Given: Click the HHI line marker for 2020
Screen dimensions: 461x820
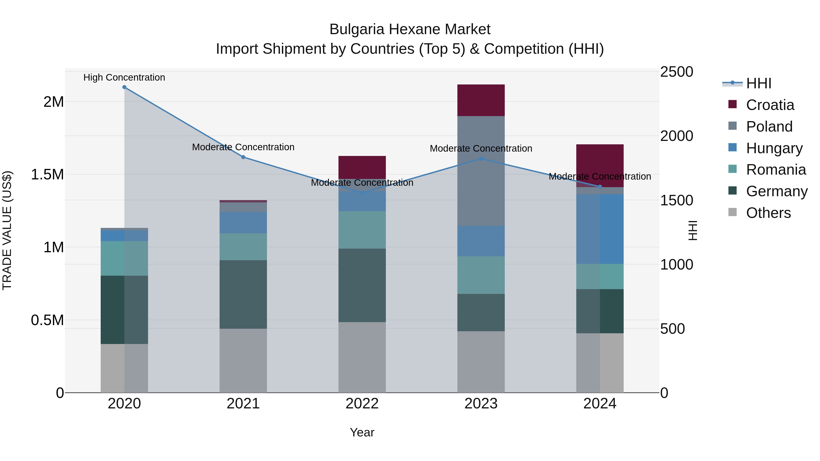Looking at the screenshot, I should tap(124, 87).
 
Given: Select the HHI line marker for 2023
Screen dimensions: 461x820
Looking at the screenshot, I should tap(481, 159).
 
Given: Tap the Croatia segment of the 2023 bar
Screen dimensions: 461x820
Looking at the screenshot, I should tap(481, 100).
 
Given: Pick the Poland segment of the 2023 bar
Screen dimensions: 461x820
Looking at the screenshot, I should tap(481, 171).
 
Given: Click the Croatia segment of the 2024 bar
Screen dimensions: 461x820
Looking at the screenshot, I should tap(600, 166).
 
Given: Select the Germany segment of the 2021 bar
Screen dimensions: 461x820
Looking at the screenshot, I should tap(243, 294).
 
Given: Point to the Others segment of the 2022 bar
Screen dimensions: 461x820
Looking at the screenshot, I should tap(362, 357).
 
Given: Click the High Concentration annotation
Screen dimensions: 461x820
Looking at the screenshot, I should tap(124, 77).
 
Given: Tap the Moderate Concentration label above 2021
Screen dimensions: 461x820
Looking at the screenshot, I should tap(243, 147).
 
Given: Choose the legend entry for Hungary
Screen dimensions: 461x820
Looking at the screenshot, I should tap(774, 148).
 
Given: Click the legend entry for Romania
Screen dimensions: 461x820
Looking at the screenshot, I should tap(776, 170).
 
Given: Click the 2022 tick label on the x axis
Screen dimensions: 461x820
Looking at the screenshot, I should tap(362, 404).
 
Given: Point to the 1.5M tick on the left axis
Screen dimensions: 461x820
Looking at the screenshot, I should tap(47, 175).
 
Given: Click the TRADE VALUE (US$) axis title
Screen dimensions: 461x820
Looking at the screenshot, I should tap(7, 230).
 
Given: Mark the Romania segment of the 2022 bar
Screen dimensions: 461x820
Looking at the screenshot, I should tap(362, 230).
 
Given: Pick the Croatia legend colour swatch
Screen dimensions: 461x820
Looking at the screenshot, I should tap(733, 104).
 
